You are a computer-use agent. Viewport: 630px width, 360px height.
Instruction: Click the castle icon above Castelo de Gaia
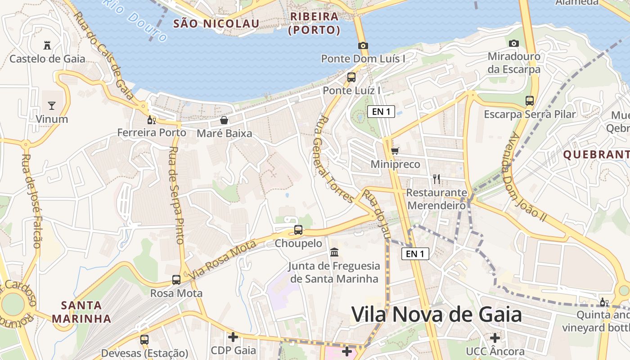click(47, 45)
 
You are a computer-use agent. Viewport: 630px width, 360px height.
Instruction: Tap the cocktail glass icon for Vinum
click(52, 106)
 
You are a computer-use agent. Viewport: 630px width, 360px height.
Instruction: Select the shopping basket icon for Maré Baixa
click(224, 120)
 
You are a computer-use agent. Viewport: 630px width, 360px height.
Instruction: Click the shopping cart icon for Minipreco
click(395, 151)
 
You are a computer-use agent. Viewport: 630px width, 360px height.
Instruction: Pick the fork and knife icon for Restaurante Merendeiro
click(436, 179)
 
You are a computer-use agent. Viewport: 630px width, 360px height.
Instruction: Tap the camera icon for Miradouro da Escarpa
click(513, 44)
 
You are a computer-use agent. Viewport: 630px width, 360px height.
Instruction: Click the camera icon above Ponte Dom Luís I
click(363, 45)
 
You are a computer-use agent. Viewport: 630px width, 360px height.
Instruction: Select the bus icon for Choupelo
click(298, 230)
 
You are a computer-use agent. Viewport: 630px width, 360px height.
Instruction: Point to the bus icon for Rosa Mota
click(176, 280)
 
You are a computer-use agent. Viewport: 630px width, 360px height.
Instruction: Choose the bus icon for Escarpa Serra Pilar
click(530, 101)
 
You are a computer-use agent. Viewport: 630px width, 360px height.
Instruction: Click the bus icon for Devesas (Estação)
click(144, 340)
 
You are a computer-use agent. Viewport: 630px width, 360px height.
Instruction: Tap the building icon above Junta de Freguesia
click(334, 252)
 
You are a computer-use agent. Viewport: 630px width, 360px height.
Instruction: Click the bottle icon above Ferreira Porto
click(151, 120)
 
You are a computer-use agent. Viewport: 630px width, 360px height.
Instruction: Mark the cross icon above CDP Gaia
click(233, 337)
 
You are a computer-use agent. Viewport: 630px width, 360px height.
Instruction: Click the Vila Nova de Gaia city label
click(436, 314)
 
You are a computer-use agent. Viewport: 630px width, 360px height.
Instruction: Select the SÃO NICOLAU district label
click(216, 24)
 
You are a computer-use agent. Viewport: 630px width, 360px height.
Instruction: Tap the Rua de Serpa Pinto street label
click(176, 195)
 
